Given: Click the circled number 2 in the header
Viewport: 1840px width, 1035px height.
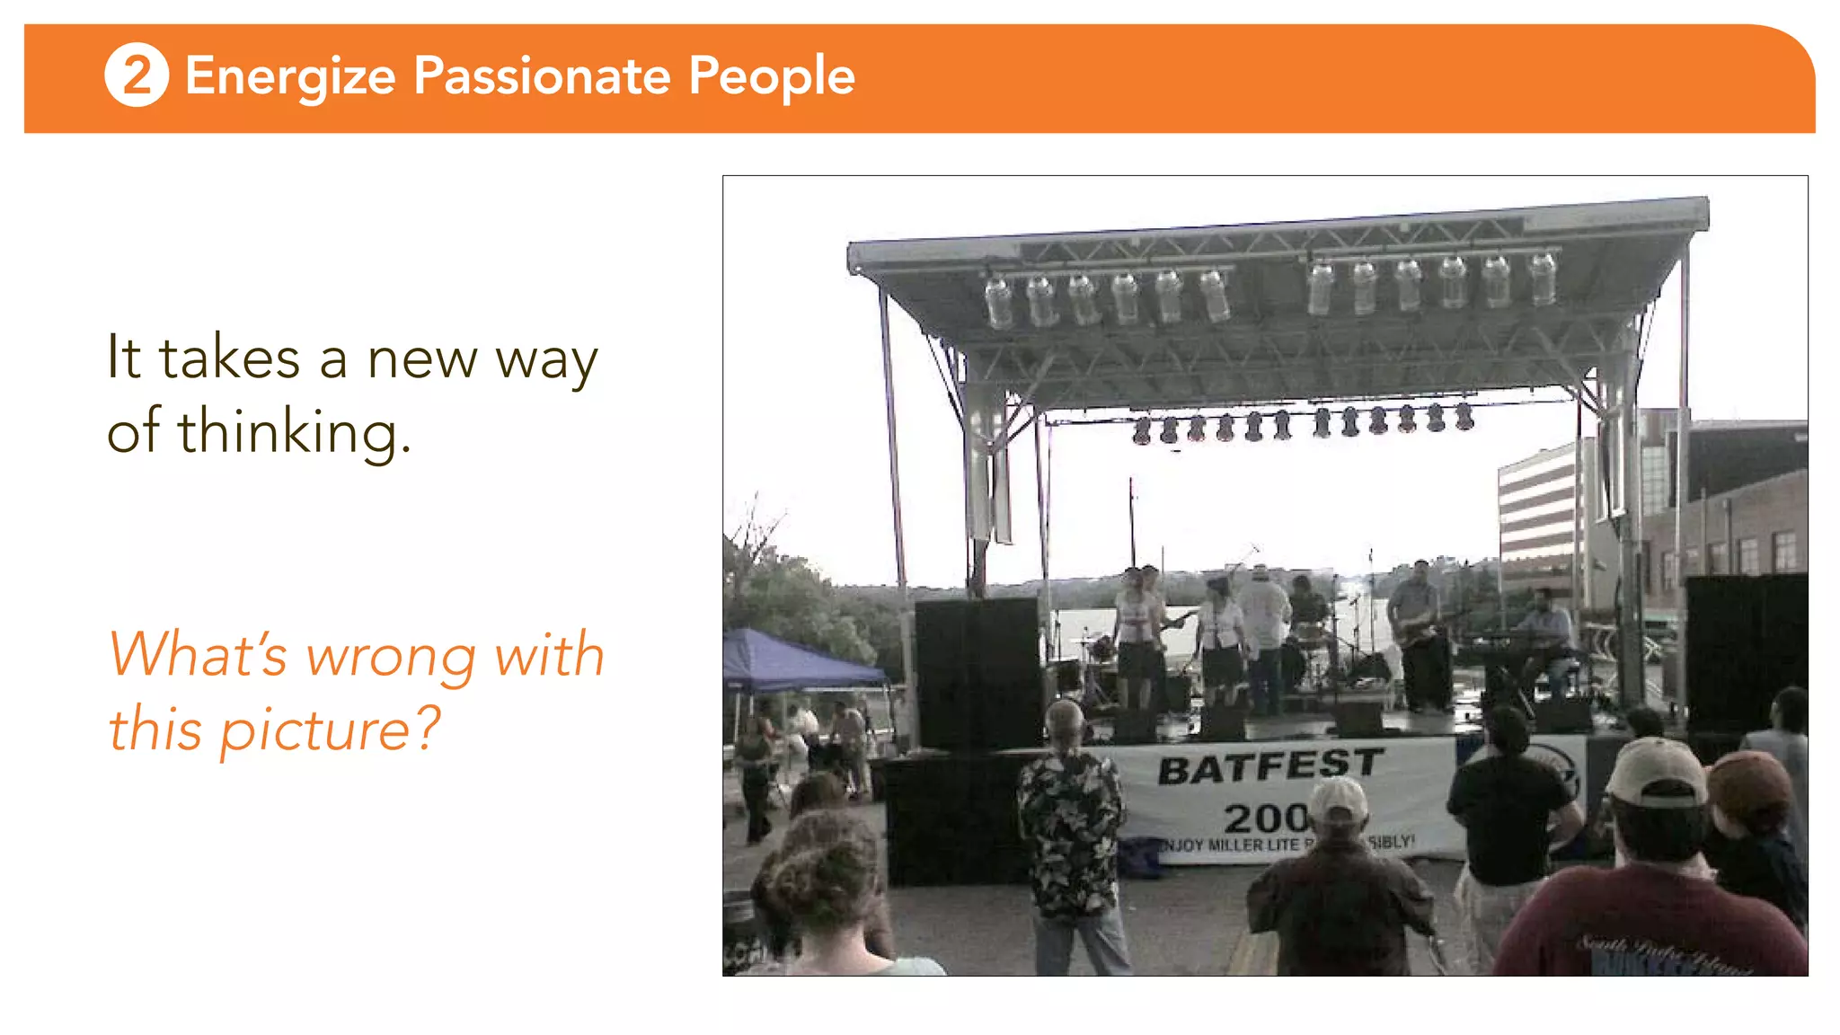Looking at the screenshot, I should (137, 75).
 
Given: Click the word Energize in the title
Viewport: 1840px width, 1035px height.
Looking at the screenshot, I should (290, 77).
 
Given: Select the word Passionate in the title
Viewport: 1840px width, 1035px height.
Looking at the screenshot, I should (542, 75).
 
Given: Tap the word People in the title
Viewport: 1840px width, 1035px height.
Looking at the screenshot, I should (772, 77).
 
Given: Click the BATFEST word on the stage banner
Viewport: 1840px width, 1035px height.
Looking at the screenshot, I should (1269, 765).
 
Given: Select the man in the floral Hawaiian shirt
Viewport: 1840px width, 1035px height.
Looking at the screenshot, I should (1070, 836).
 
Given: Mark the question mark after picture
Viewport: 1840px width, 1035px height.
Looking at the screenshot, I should (428, 728).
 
